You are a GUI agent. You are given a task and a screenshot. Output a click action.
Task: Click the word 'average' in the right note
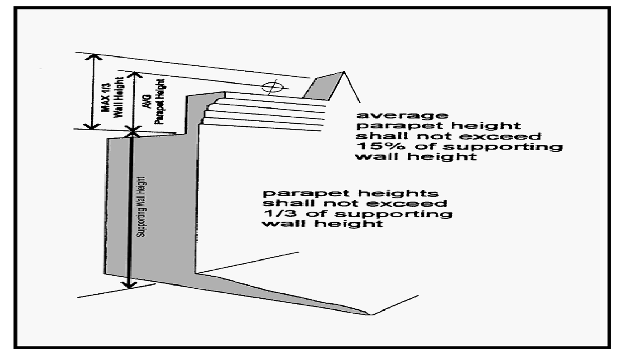[402, 115]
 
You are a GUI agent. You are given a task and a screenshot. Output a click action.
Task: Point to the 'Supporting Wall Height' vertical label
[142, 207]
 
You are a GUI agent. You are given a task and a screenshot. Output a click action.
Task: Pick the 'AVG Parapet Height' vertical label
[154, 101]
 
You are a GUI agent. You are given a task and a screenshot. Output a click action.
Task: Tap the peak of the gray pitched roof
[343, 72]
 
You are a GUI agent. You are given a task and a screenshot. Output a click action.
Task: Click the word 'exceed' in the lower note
[421, 204]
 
